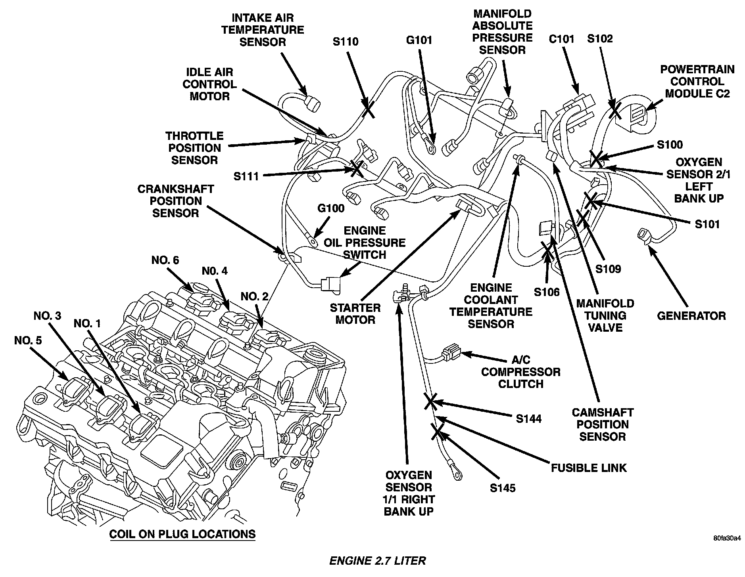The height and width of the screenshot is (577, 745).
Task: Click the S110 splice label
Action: (x=345, y=41)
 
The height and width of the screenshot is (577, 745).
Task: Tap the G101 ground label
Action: (x=419, y=40)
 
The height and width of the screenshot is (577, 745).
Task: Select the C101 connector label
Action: (x=561, y=39)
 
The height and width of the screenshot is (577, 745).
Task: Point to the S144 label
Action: (x=528, y=418)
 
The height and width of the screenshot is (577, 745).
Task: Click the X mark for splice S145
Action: (x=438, y=433)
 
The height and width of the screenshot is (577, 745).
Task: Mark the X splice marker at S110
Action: (x=368, y=107)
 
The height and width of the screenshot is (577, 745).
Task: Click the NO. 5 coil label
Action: (x=27, y=340)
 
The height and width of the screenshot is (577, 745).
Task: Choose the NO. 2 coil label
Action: (x=254, y=296)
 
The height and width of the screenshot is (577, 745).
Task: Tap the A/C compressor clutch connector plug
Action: (x=451, y=352)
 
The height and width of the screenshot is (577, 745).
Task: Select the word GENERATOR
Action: (x=691, y=316)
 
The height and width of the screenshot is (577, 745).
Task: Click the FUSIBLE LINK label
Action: (x=589, y=468)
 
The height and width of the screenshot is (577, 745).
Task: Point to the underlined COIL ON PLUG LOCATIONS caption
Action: (x=182, y=534)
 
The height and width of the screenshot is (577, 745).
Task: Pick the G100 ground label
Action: (x=331, y=208)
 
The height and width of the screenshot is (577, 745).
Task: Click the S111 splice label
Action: (x=246, y=176)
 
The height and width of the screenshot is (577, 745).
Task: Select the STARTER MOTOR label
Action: (x=355, y=313)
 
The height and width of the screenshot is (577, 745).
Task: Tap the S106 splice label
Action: (x=546, y=292)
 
